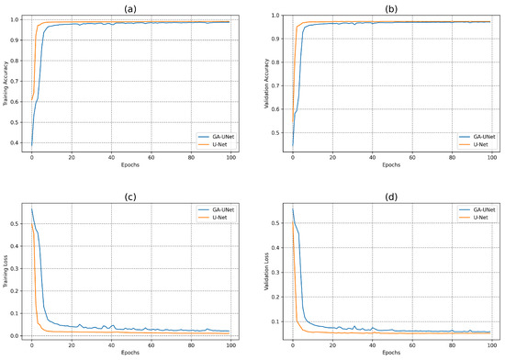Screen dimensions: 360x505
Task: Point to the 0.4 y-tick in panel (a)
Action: point(18,142)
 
